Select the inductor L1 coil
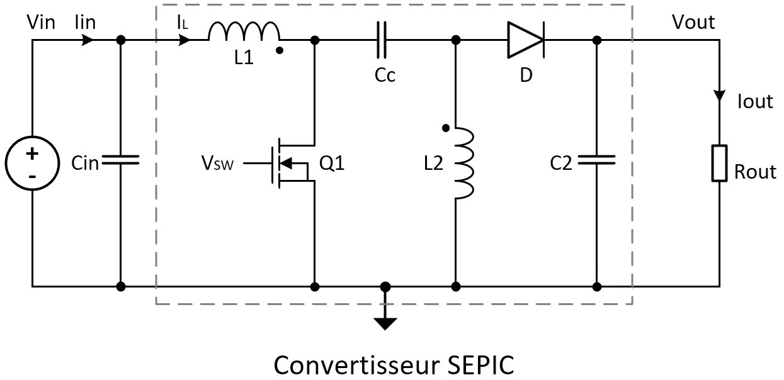coord(244,31)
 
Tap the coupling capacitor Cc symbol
coord(382,40)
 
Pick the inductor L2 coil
coord(463,164)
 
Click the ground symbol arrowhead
coord(385,323)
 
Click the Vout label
coord(693,22)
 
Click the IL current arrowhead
coord(185,40)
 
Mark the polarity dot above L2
coord(446,128)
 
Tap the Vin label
coord(42,23)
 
